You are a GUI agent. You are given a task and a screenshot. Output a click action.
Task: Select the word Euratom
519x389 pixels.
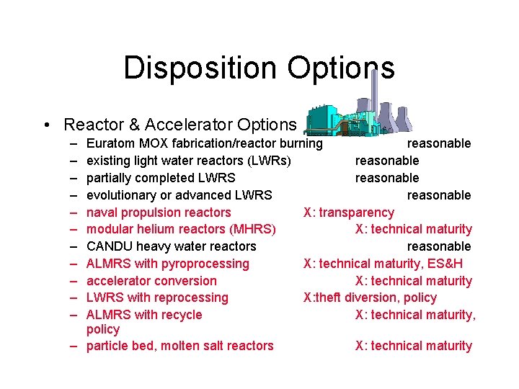[110, 143]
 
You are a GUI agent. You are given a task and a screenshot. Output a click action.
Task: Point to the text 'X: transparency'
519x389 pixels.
[349, 213]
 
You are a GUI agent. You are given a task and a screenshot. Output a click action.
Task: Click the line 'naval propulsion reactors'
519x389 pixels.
[159, 213]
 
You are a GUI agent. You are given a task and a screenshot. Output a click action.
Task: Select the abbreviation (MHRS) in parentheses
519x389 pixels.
[252, 229]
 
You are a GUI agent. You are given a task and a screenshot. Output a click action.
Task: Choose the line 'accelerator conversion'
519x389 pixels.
[151, 281]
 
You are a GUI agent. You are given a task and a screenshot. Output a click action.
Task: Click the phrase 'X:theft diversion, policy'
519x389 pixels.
[370, 298]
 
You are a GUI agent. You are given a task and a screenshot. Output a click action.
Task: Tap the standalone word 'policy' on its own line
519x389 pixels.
[103, 329]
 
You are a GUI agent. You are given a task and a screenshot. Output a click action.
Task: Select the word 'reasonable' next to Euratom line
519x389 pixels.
[439, 143]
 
